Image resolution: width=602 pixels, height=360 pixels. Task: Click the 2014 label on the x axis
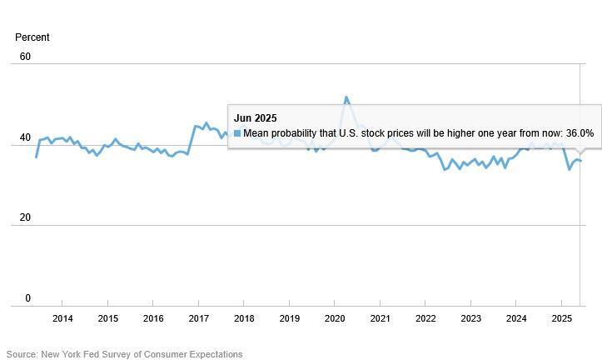[x=62, y=319]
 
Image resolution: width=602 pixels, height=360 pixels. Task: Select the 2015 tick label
[x=107, y=319]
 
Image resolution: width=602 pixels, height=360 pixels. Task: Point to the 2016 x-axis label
[x=153, y=319]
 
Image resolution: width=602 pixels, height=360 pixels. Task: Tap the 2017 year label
[x=198, y=319]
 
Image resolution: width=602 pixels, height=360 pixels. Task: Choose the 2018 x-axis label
[x=244, y=319]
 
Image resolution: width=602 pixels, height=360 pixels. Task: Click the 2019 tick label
[x=289, y=319]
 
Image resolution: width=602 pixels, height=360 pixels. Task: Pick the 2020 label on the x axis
[x=335, y=319]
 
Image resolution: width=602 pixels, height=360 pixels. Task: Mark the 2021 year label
[x=380, y=319]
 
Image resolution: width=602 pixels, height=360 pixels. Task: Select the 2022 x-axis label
[x=425, y=319]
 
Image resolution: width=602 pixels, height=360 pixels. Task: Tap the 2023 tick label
[x=470, y=319]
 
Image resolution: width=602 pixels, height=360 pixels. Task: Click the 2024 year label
[x=516, y=319]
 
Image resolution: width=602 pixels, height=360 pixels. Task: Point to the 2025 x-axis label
[x=561, y=319]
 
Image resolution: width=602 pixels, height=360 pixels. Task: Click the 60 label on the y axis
[x=25, y=57]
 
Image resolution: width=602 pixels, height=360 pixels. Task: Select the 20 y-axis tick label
[x=25, y=217]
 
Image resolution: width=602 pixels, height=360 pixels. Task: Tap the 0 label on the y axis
[x=27, y=298]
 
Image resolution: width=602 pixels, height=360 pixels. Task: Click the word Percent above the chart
[x=32, y=37]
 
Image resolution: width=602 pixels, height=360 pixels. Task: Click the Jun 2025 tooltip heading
[x=256, y=118]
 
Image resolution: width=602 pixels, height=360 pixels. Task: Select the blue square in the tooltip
[x=237, y=133]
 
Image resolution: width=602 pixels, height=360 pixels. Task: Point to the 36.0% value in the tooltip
[x=579, y=133]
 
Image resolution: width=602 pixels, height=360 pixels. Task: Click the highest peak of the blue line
[x=346, y=97]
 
